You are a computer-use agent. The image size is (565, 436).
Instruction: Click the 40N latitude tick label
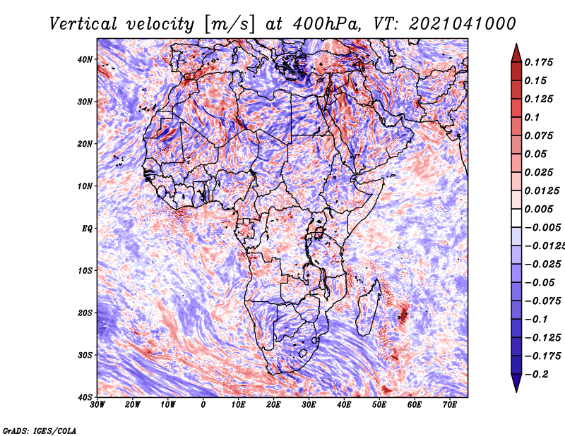85,59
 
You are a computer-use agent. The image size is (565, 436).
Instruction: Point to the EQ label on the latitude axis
87,229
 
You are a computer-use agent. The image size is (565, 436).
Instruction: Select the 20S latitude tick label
85,313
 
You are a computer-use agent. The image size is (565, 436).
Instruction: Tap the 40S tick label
85,397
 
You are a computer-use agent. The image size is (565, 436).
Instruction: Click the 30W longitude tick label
97,405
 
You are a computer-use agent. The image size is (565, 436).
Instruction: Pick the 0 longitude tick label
203,405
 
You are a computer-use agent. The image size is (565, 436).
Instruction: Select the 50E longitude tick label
379,405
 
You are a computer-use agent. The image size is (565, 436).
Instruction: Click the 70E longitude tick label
450,405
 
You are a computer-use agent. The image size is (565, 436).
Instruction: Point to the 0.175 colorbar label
539,63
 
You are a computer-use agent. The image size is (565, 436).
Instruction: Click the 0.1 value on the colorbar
533,117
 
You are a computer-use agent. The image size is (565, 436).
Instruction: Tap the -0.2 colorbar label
536,375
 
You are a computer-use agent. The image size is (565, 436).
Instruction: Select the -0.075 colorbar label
543,301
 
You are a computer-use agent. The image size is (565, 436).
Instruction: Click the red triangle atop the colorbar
516,54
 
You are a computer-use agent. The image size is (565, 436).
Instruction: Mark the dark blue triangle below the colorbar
516,383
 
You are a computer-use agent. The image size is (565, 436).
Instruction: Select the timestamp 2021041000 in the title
462,24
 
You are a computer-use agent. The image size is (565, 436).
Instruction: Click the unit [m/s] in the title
230,25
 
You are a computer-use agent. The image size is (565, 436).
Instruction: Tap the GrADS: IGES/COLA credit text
40,431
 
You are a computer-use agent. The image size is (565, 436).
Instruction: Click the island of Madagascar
368,307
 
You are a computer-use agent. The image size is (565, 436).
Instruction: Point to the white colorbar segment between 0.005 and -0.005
516,218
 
